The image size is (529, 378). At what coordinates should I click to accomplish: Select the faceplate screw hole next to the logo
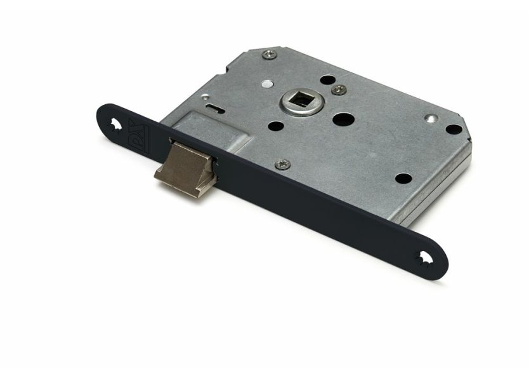(114, 125)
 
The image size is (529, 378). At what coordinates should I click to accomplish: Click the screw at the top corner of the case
(269, 55)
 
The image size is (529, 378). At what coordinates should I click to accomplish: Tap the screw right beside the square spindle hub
(339, 89)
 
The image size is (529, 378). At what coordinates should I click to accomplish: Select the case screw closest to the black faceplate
(283, 164)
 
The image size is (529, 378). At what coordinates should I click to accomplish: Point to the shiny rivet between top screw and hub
(267, 84)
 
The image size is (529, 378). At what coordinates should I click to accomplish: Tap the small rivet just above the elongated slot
(204, 97)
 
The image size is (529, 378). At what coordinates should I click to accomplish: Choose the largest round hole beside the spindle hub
(343, 119)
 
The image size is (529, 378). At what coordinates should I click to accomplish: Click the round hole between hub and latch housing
(275, 125)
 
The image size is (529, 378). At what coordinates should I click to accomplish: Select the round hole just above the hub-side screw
(327, 79)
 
